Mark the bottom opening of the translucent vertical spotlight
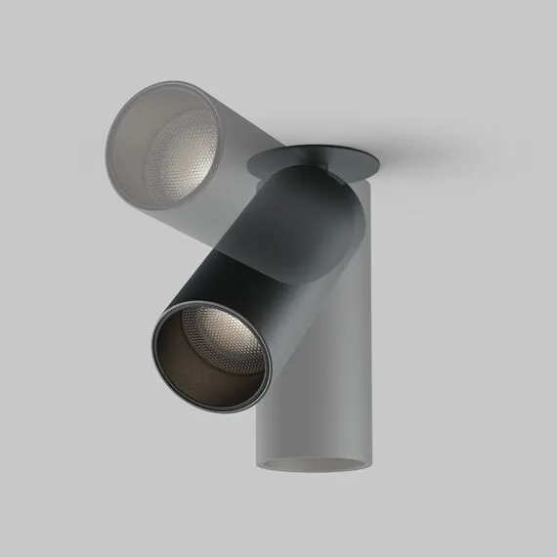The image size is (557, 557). [x=313, y=462]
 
